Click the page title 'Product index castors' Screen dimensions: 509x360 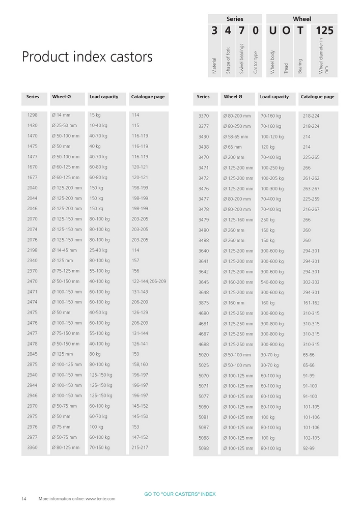point(87,56)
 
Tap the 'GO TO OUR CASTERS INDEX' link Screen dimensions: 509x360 point(180,494)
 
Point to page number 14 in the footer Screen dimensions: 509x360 point(24,499)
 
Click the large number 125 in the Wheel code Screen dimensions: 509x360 point(324,31)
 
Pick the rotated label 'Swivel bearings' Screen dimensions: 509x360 point(242,60)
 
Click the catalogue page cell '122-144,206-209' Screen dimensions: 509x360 point(149,281)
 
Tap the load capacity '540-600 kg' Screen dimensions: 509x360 point(272,282)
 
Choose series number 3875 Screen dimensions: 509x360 point(203,303)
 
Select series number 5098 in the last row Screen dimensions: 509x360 point(203,448)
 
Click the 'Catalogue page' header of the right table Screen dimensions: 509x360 point(317,97)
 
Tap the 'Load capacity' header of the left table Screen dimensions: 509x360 point(104,97)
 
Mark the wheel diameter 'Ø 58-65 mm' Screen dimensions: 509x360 point(236,137)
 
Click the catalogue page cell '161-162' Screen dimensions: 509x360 point(311,303)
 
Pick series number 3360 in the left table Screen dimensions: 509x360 point(33,448)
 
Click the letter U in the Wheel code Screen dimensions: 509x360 point(272,31)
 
